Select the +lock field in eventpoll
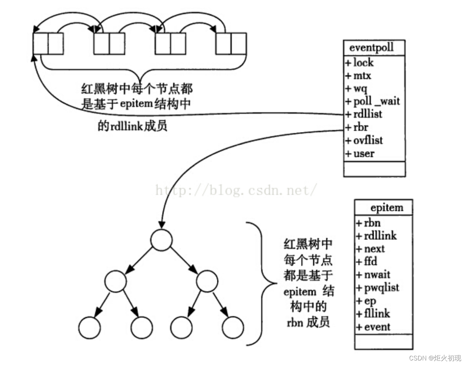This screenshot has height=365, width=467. [359, 62]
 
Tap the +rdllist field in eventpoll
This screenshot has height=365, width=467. [363, 114]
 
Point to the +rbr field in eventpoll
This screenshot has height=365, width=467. [357, 127]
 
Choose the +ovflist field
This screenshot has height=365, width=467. [364, 140]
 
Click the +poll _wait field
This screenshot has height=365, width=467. [373, 101]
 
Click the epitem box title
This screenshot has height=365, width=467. [386, 208]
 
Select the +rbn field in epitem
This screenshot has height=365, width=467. [368, 223]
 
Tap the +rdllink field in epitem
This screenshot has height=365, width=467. [376, 236]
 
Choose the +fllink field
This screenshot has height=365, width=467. [373, 314]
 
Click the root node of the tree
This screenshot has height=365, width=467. [161, 240]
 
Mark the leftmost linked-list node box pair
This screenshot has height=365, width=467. [48, 43]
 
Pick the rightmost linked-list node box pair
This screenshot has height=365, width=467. [231, 43]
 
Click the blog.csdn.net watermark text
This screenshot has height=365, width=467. [236, 189]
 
